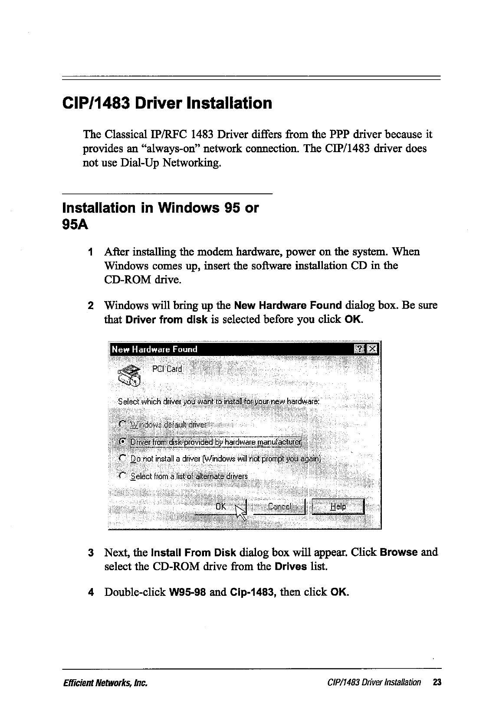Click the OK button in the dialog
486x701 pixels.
(221, 507)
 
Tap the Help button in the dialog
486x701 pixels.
(338, 506)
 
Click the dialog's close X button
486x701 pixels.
(372, 349)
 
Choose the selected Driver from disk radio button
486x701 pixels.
(123, 442)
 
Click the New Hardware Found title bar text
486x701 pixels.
(154, 349)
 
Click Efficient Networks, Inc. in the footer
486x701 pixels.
(105, 682)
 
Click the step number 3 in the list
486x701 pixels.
(91, 553)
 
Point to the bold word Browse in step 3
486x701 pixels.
(398, 552)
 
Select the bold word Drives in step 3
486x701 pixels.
(291, 567)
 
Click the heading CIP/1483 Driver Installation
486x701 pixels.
(167, 103)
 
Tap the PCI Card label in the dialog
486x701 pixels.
(167, 369)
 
